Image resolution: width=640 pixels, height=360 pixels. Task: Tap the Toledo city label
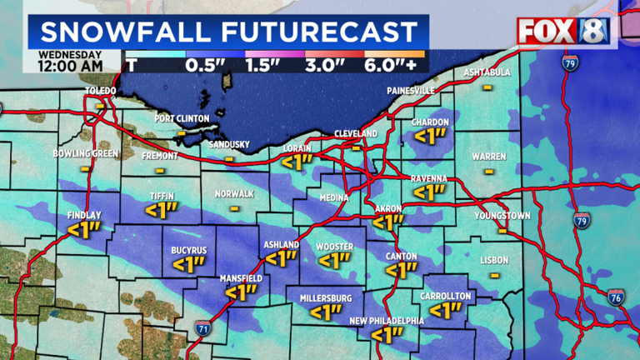click(100, 91)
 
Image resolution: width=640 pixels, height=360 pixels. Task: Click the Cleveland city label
click(356, 133)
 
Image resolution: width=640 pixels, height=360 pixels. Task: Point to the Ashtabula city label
click(487, 72)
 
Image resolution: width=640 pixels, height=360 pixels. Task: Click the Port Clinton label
click(182, 118)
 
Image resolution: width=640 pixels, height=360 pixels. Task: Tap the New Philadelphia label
click(387, 321)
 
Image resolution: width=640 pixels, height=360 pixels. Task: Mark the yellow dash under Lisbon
click(494, 274)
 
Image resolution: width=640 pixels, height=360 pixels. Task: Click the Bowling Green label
click(83, 154)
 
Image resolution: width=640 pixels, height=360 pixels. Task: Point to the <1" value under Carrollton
click(446, 310)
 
